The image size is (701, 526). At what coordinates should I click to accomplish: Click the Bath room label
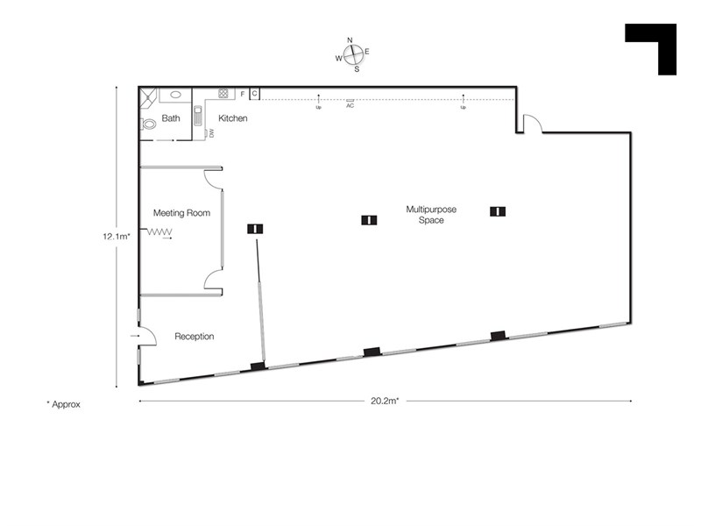(170, 117)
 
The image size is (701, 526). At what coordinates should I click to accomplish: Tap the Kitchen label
(232, 117)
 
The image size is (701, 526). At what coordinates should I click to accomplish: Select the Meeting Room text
(181, 212)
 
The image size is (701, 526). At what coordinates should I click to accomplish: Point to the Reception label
(194, 336)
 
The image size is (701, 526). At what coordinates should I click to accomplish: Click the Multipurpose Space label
(425, 215)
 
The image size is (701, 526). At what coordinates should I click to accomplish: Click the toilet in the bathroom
(148, 124)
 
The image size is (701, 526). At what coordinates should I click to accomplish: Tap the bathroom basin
(175, 94)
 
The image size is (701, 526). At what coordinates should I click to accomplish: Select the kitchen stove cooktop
(223, 93)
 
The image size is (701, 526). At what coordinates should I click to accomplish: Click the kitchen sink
(198, 117)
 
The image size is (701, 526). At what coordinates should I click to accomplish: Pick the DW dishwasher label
(211, 133)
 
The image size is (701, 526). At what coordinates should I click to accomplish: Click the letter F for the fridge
(242, 93)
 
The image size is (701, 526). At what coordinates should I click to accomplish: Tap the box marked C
(254, 93)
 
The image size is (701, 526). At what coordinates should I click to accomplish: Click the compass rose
(352, 53)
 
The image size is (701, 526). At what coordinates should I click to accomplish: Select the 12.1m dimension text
(117, 234)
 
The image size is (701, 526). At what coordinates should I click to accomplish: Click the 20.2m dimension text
(386, 402)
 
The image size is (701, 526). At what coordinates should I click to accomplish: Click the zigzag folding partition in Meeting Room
(159, 232)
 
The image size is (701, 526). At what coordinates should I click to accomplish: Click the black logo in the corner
(651, 48)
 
